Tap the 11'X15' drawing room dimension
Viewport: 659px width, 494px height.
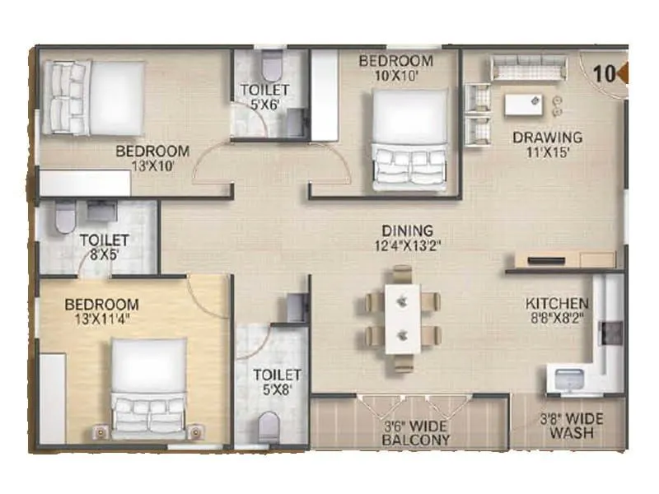tap(546, 152)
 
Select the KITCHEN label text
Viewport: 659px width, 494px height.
tap(557, 303)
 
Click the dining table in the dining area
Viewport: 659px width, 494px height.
tap(403, 317)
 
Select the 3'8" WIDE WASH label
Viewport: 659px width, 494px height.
tap(570, 426)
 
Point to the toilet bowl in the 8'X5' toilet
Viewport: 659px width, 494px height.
tap(64, 217)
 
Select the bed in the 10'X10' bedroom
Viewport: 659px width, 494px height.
tap(408, 136)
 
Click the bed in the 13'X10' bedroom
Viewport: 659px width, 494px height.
tap(91, 96)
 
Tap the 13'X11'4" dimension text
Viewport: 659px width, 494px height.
tap(101, 319)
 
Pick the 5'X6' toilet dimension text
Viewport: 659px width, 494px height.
tap(263, 104)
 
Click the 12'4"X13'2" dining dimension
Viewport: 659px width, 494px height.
tap(406, 246)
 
